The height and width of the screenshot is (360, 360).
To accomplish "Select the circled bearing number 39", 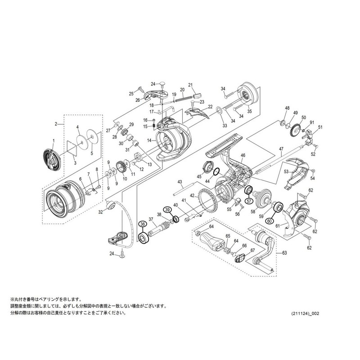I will pos(167,210).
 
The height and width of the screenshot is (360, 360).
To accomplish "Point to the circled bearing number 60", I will pos(270,221).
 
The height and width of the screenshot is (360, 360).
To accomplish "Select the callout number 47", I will pos(281,148).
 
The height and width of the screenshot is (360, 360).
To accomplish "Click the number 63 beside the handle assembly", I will pos(284,253).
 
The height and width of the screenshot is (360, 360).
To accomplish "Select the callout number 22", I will pos(210,107).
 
